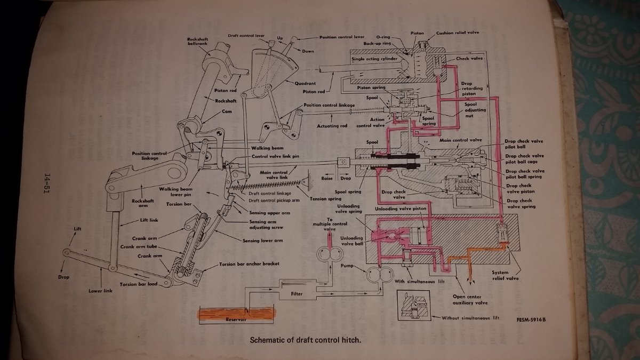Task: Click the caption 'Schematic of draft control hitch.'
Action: (x=308, y=340)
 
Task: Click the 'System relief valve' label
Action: (x=504, y=275)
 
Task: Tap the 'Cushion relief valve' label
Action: (x=458, y=33)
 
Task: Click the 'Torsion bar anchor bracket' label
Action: (x=249, y=264)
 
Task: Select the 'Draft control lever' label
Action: (x=246, y=36)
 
